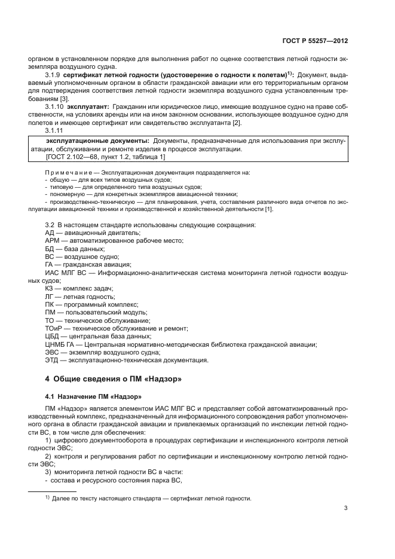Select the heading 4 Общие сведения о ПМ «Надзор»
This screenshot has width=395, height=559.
pos(113,378)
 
